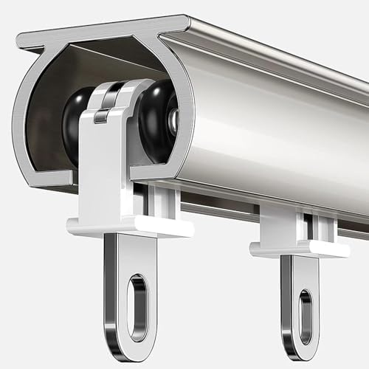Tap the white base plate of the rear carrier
coord(299,249)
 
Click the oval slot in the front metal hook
coord(137,297)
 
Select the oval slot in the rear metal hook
coord(305,317)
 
